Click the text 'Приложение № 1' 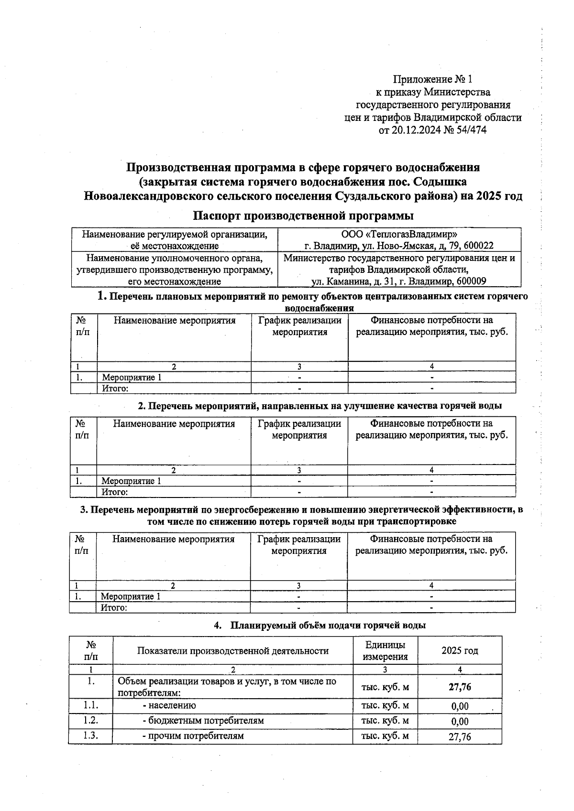tap(432, 79)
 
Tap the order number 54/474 tap(471, 130)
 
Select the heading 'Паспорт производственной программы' tap(303, 216)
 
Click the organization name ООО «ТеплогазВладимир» tap(399, 234)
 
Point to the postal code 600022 tap(476, 246)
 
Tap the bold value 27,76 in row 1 tap(460, 687)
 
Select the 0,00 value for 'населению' tap(460, 706)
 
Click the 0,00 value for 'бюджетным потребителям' tap(460, 722)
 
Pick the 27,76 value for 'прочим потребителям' tap(460, 737)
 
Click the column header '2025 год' tap(460, 650)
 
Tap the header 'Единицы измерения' tap(385, 650)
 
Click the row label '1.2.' tap(90, 721)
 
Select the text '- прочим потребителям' tap(193, 736)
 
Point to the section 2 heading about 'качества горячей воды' tap(320, 406)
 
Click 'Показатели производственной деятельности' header tap(232, 651)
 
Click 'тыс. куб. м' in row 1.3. tap(385, 736)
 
